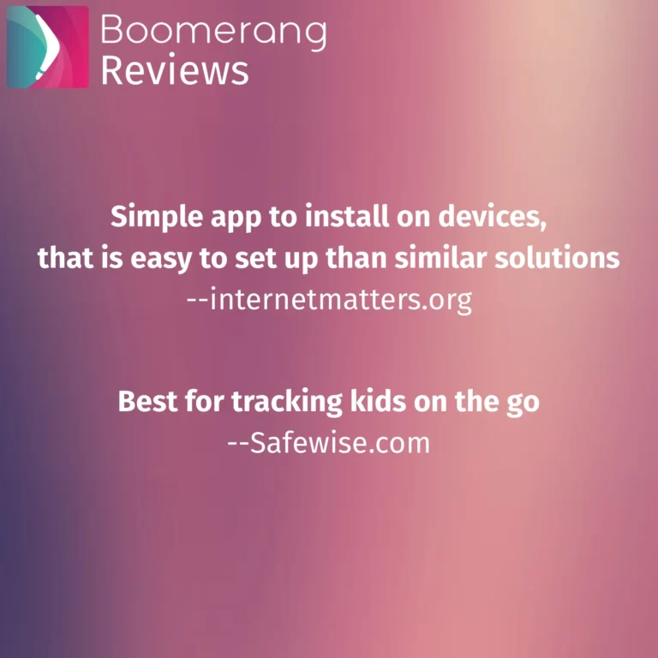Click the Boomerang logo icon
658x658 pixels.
[48, 47]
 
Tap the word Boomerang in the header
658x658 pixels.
[213, 31]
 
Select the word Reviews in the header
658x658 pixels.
[175, 70]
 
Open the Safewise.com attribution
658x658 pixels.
[329, 443]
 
